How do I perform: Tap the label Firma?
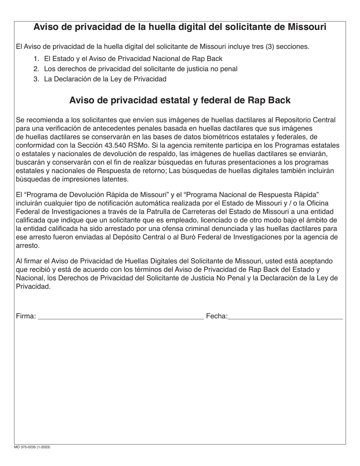(26, 316)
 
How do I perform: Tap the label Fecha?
(216, 316)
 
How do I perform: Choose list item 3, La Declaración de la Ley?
(105, 79)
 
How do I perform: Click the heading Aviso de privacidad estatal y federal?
(180, 100)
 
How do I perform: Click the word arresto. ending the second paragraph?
(27, 246)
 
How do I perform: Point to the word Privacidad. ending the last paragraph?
(33, 286)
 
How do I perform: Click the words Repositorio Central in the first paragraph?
(305, 120)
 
